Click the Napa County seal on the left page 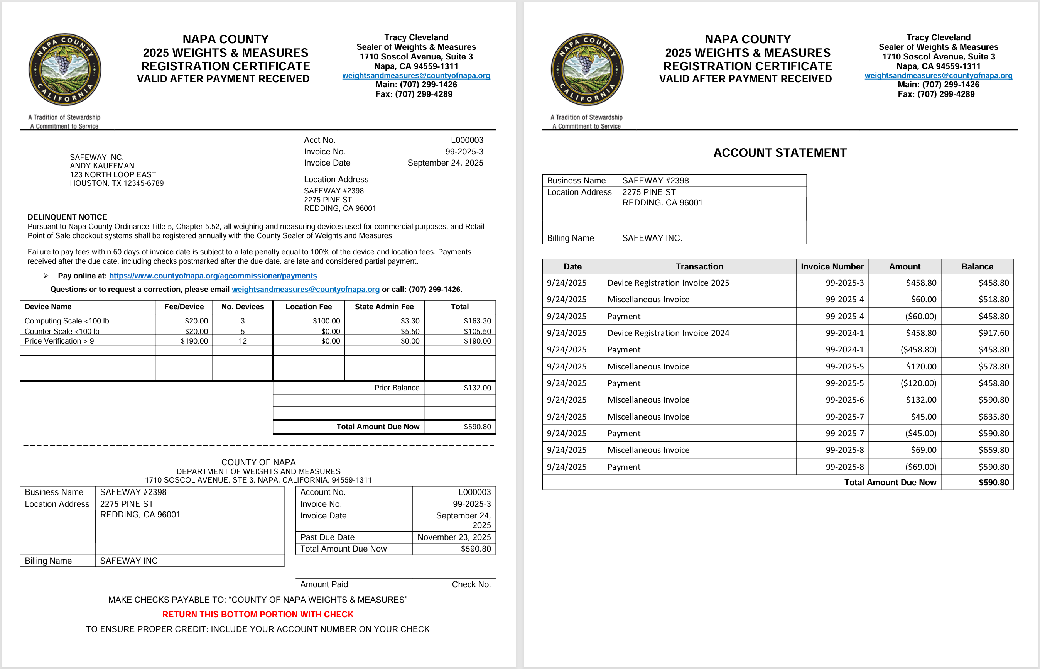pyautogui.click(x=65, y=69)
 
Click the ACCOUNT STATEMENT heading pyautogui.click(x=780, y=153)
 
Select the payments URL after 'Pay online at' pyautogui.click(x=213, y=276)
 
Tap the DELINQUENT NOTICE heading pyautogui.click(x=67, y=217)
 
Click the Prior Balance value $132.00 pyautogui.click(x=477, y=388)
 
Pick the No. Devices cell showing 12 pyautogui.click(x=243, y=341)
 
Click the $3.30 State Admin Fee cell pyautogui.click(x=410, y=320)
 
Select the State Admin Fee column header pyautogui.click(x=384, y=307)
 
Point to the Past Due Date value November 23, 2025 pyautogui.click(x=454, y=537)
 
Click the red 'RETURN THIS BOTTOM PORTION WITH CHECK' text pyautogui.click(x=258, y=614)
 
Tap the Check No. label pyautogui.click(x=471, y=584)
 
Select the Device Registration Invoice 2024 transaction pyautogui.click(x=668, y=333)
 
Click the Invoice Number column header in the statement pyautogui.click(x=832, y=267)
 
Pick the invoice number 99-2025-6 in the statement pyautogui.click(x=844, y=400)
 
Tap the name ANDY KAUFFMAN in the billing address pyautogui.click(x=102, y=166)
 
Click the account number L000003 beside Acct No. pyautogui.click(x=467, y=140)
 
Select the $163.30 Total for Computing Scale pyautogui.click(x=477, y=320)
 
